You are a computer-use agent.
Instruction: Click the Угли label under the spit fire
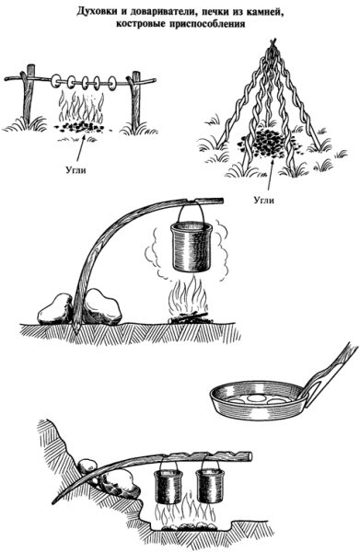[75, 170]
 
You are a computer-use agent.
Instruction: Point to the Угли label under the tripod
[264, 200]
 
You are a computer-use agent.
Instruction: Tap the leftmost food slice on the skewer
[56, 81]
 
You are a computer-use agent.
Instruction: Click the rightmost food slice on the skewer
[112, 83]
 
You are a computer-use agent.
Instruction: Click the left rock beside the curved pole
[55, 310]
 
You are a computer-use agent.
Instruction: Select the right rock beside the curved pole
[103, 306]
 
